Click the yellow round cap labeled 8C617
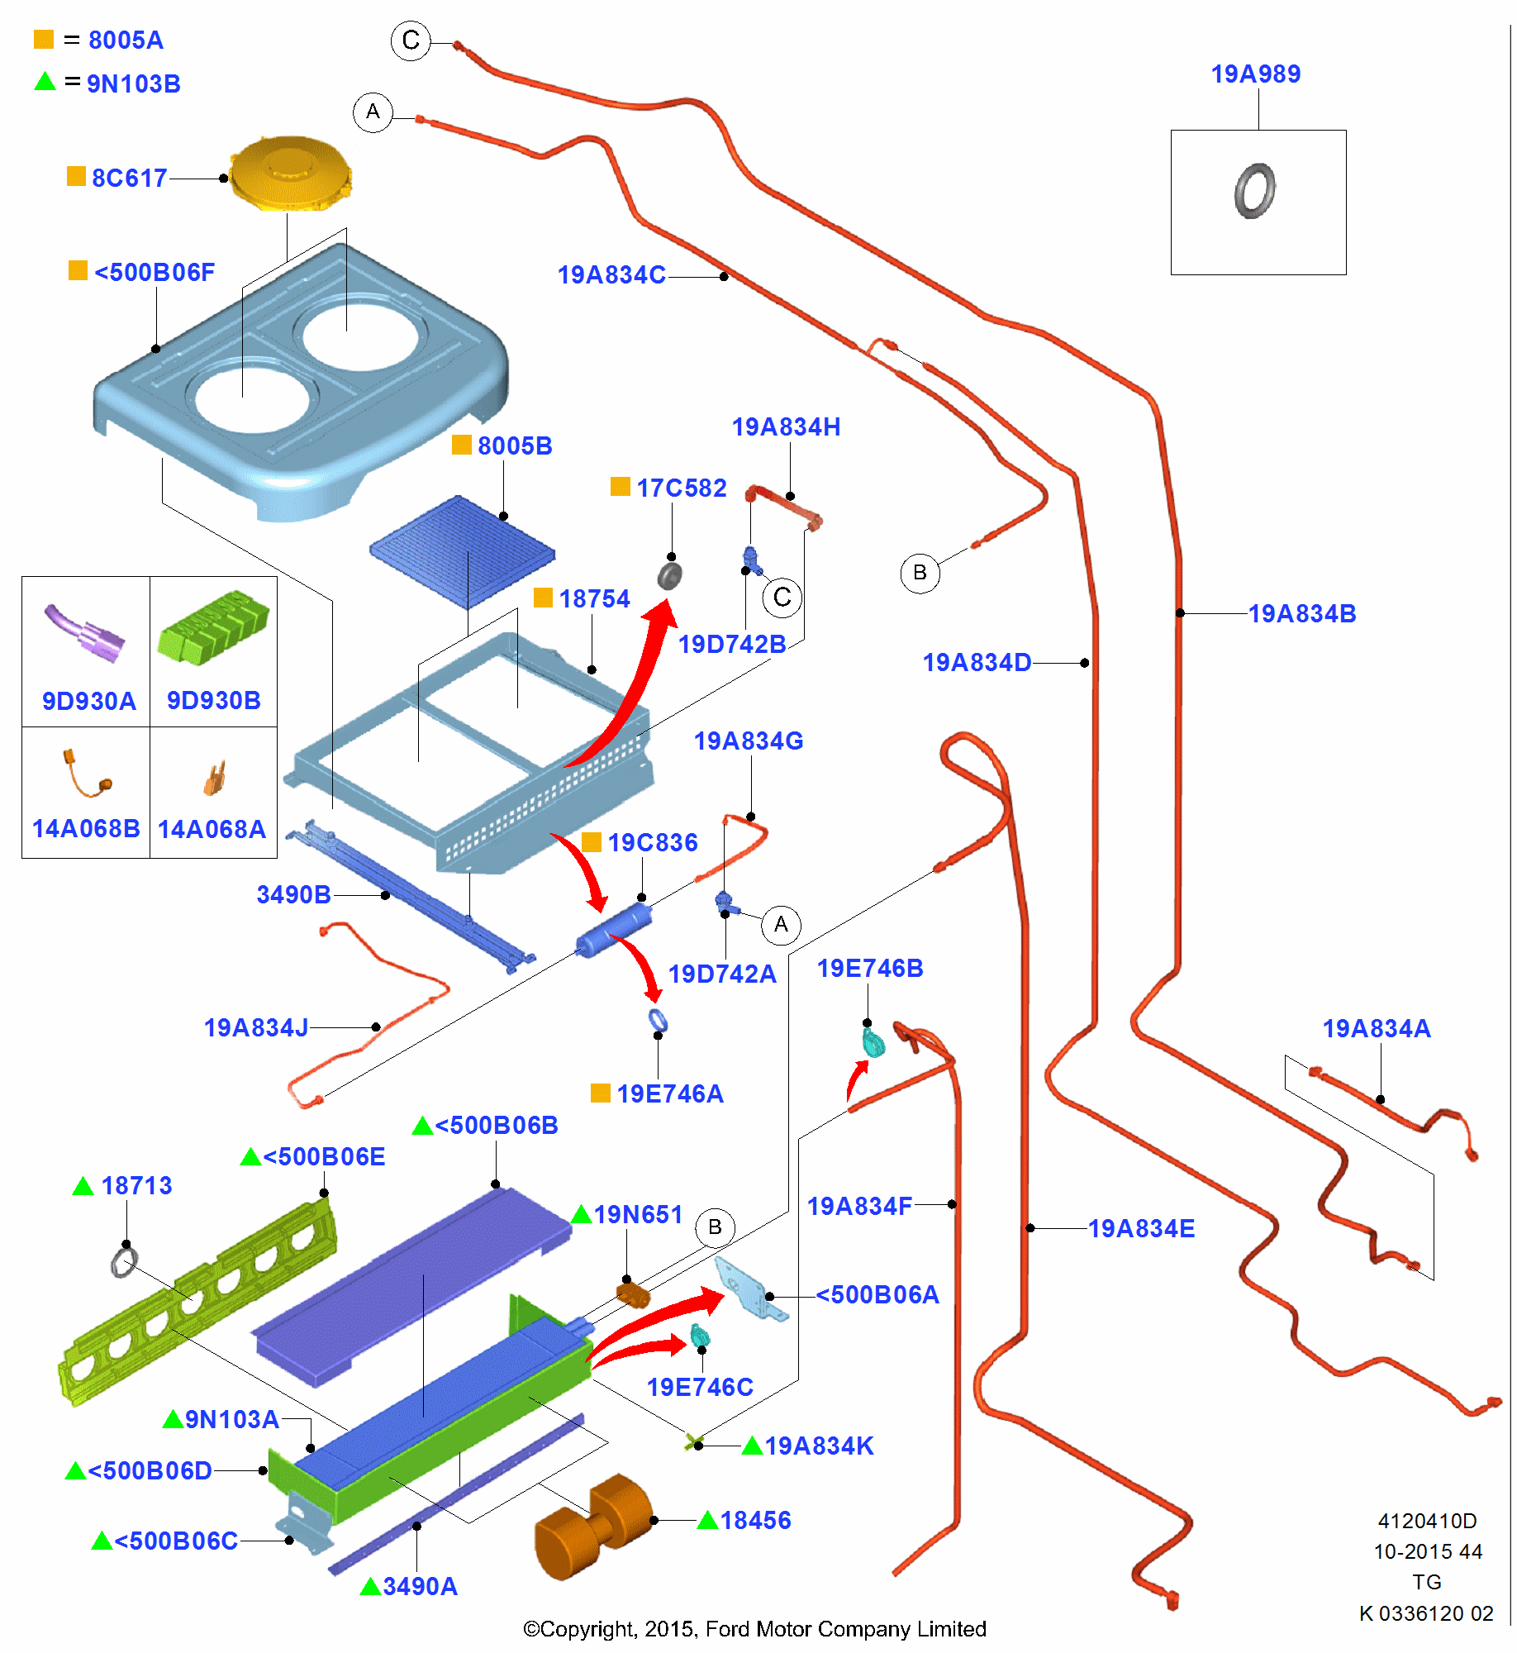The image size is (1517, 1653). point(290,174)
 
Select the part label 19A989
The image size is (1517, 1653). point(1255,74)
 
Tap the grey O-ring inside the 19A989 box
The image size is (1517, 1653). point(1254,190)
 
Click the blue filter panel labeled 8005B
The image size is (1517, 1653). point(463,550)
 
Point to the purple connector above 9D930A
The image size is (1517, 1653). point(83,633)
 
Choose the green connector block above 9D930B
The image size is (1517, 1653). point(213,628)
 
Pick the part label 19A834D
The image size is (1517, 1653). point(977,663)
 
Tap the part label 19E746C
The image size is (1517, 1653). point(700,1387)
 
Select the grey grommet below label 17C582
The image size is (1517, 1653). point(669,574)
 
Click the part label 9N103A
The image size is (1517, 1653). point(232,1419)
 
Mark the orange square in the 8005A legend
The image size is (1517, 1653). point(44,39)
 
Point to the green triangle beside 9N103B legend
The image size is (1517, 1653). point(45,81)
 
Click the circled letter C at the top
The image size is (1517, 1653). point(411,40)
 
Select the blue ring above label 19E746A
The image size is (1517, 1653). point(658,1022)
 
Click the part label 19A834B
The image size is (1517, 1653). point(1302,614)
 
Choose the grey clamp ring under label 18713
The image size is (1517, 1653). point(124,1262)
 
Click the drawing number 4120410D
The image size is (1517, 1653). point(1427,1521)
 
